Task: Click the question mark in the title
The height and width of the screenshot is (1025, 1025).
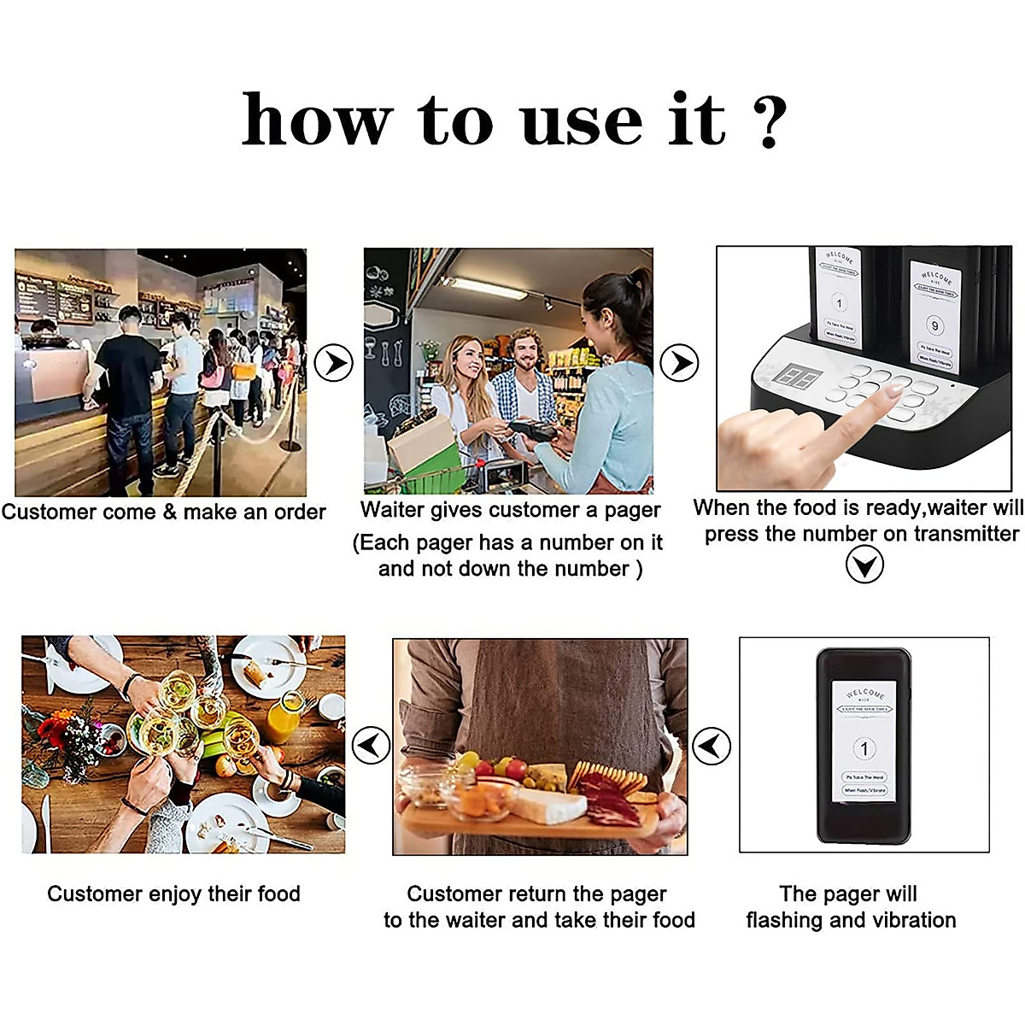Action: pyautogui.click(x=771, y=121)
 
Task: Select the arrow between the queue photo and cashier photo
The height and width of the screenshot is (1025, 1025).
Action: pyautogui.click(x=333, y=363)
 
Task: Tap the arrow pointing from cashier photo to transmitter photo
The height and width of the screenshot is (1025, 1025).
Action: pyautogui.click(x=680, y=363)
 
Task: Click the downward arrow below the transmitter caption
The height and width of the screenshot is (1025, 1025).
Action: pyautogui.click(x=864, y=565)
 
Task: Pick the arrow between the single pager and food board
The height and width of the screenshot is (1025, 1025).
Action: pyautogui.click(x=711, y=746)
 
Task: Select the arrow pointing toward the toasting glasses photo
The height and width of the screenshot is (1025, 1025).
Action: pyautogui.click(x=371, y=746)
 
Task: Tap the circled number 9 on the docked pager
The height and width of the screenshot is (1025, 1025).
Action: pyautogui.click(x=934, y=325)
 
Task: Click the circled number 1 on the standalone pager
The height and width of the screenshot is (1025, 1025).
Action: pyautogui.click(x=864, y=749)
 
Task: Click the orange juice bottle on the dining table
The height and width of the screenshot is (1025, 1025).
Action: pyautogui.click(x=284, y=719)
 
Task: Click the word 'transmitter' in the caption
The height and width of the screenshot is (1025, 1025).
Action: pyautogui.click(x=966, y=534)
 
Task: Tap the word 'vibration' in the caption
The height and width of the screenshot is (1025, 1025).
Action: pyautogui.click(x=913, y=920)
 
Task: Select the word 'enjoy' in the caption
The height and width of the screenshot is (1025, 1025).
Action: pyautogui.click(x=175, y=894)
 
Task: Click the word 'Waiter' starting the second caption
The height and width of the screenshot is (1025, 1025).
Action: pyautogui.click(x=389, y=510)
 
